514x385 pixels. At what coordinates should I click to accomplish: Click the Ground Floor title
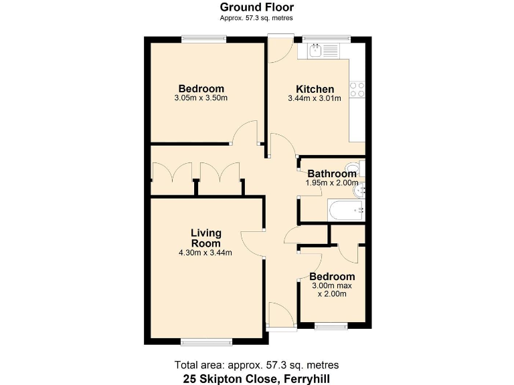(x=257, y=7)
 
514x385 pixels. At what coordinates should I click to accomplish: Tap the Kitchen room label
(x=315, y=89)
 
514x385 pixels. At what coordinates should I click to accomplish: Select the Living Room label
(x=205, y=238)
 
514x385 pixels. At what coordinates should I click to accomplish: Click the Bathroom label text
(x=332, y=174)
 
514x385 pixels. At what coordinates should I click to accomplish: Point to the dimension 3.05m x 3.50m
(x=201, y=98)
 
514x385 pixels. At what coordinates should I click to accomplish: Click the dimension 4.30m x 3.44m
(x=205, y=253)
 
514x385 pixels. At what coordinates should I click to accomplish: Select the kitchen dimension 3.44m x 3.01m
(x=315, y=98)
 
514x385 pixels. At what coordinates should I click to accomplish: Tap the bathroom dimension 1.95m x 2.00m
(x=332, y=182)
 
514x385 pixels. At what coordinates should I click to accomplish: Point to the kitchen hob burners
(x=357, y=90)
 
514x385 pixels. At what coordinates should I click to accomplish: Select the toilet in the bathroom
(x=353, y=167)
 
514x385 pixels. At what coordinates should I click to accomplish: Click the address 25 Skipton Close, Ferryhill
(x=257, y=378)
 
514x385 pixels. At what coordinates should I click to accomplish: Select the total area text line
(x=257, y=365)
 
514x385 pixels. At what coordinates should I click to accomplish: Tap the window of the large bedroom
(x=204, y=39)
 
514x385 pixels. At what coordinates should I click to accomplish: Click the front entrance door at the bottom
(x=281, y=317)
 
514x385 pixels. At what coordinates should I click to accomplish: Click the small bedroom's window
(x=331, y=326)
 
